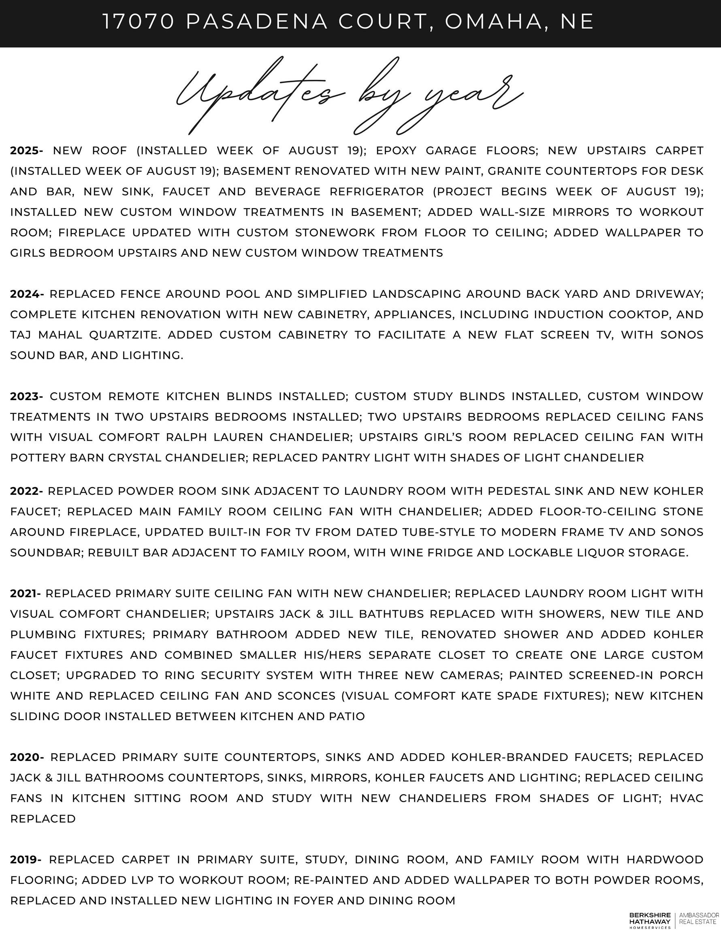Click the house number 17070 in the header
point(139,22)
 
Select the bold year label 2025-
point(26,150)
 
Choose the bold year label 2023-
point(26,396)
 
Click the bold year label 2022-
point(26,491)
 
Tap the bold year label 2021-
point(26,593)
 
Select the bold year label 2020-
point(27,757)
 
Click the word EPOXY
point(396,150)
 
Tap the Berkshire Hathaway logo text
point(650,918)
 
